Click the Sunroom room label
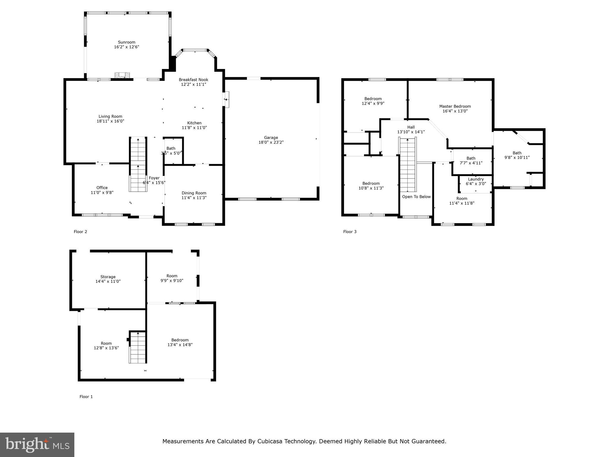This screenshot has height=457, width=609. [x=127, y=42]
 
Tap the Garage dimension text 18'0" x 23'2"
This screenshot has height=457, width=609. [x=271, y=142]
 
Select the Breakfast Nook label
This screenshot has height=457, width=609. [x=194, y=80]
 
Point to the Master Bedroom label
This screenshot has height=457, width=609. [x=455, y=106]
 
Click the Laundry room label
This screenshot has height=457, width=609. [x=476, y=179]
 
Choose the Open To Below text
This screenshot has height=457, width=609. [x=416, y=197]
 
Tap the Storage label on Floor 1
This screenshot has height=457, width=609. [x=108, y=277]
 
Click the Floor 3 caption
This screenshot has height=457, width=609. [x=350, y=232]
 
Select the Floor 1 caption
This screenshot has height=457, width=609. [x=86, y=397]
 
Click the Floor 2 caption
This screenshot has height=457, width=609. [x=80, y=232]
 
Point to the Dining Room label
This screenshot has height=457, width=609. [x=194, y=193]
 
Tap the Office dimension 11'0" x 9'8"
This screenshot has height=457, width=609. [x=102, y=192]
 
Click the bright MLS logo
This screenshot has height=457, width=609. [x=37, y=445]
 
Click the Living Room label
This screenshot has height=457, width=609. [x=110, y=116]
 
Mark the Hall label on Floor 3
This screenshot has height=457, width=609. [x=411, y=127]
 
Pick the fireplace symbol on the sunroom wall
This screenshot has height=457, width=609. [x=123, y=75]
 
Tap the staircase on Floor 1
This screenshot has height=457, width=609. [x=138, y=347]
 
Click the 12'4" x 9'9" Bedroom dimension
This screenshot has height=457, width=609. [x=373, y=104]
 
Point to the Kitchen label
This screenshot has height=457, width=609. [x=194, y=123]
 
